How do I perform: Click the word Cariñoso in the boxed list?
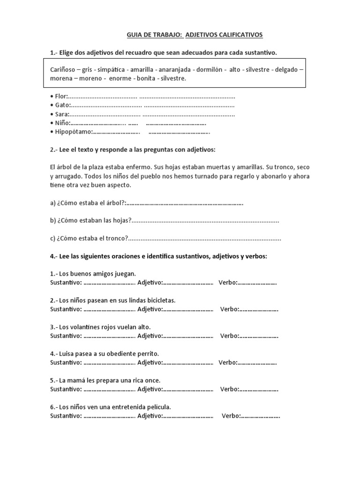63,69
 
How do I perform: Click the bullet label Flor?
61,96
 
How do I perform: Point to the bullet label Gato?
62,105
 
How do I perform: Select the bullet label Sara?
62,114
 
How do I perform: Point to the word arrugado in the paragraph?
68,176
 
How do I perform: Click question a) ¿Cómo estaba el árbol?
88,203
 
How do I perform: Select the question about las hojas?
90,221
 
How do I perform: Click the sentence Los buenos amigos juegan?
93,273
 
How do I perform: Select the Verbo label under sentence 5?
229,389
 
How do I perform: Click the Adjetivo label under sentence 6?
150,416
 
